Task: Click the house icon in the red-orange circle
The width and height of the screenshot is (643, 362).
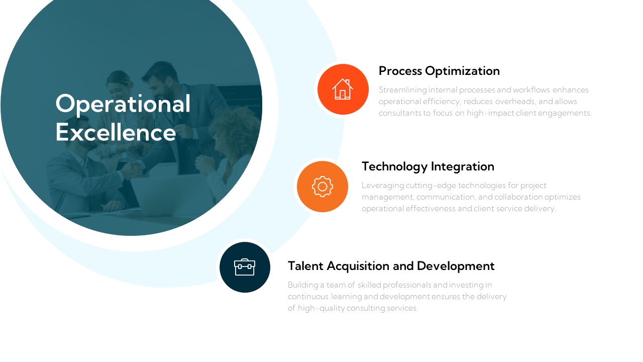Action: tap(343, 89)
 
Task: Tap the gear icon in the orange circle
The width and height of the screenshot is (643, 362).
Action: tap(323, 187)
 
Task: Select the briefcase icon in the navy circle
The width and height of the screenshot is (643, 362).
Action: tap(245, 267)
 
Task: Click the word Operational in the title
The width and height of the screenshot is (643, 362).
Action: tap(123, 104)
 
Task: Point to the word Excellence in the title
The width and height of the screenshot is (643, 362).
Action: tap(116, 133)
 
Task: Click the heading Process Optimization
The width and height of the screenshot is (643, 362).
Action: tap(439, 71)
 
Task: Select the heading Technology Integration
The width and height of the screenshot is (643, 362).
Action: tap(427, 166)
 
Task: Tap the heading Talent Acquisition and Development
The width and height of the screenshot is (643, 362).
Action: tap(391, 266)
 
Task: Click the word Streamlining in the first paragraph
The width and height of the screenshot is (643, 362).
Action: tap(402, 90)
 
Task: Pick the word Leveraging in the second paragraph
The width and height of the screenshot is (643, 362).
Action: tap(382, 186)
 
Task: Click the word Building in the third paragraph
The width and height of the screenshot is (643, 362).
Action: tap(302, 285)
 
